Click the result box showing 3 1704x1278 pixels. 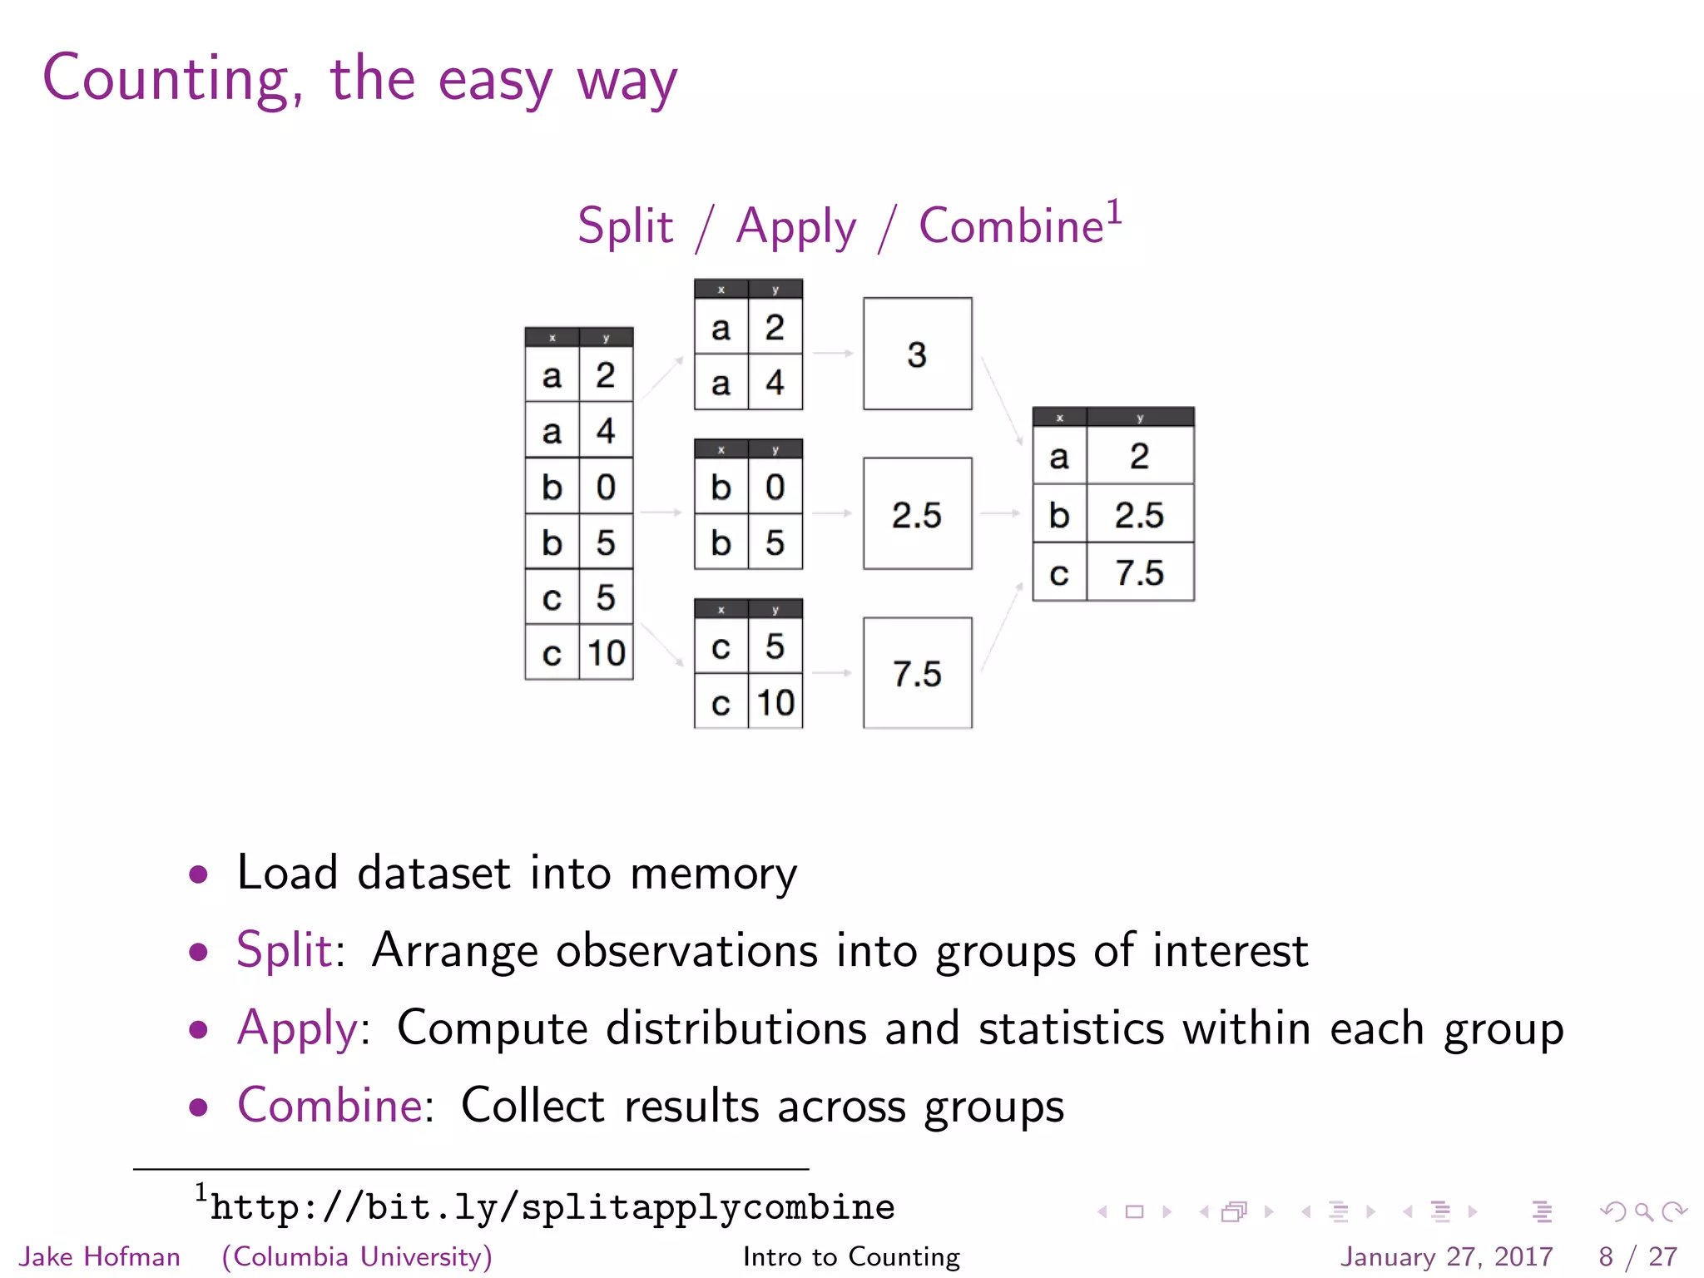917,354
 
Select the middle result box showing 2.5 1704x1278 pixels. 917,513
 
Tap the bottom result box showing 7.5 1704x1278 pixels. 917,673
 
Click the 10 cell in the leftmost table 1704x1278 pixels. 606,653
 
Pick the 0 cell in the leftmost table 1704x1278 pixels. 606,487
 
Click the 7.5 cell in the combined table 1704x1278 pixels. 1139,572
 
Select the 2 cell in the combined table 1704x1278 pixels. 1139,456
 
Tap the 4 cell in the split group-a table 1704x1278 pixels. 775,383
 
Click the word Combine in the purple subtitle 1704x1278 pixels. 1010,226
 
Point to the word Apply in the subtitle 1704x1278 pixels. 795,226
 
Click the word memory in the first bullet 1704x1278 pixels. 713,874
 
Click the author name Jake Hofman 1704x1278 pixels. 100,1256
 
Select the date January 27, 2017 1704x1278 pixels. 1446,1256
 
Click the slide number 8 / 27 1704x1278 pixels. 1637,1256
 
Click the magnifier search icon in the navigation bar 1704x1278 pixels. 1643,1211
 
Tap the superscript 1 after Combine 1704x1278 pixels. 1114,212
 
